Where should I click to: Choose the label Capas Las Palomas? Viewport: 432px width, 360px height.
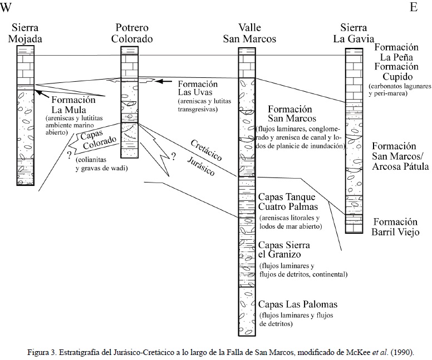pyautogui.click(x=297, y=305)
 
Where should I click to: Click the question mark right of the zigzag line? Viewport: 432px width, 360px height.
pyautogui.click(x=173, y=156)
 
